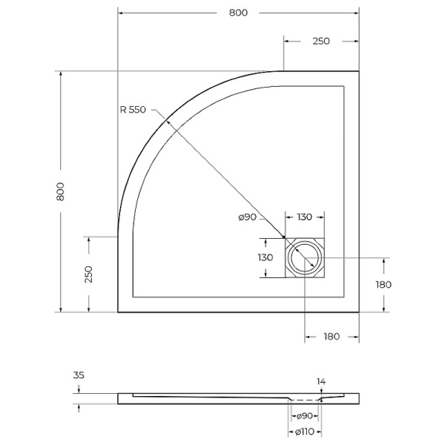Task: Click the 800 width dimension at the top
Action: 238,13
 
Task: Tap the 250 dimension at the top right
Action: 321,42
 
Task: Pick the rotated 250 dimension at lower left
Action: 89,274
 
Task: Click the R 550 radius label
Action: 133,110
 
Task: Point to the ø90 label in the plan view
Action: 248,217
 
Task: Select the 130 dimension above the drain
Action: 304,217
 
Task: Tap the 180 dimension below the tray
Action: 331,336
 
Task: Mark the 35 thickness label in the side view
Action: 79,375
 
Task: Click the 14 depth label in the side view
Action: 320,382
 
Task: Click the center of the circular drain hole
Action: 304,258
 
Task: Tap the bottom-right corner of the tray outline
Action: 359,312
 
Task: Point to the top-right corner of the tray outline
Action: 359,72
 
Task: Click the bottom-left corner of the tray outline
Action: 118,312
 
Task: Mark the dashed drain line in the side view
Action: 304,399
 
